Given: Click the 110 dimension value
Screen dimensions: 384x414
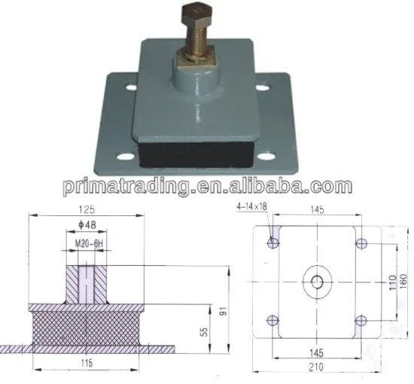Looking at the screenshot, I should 391,282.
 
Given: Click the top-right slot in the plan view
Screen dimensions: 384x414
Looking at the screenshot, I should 362,242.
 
